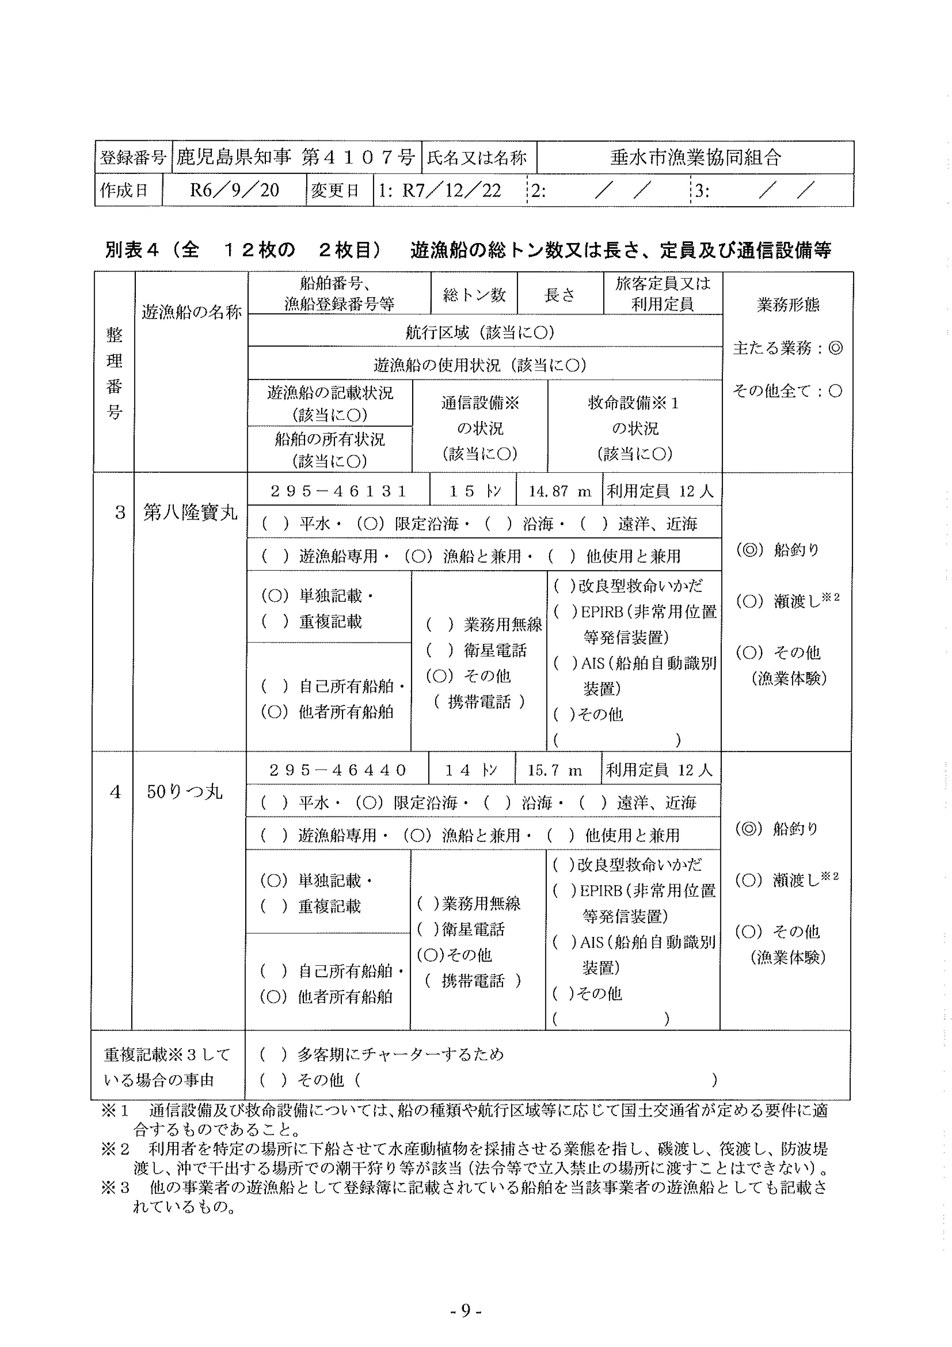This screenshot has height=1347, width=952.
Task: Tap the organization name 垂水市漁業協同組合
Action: pos(695,157)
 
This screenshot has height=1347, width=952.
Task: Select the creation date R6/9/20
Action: pos(234,190)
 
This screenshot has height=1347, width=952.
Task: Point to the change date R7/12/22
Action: pos(451,190)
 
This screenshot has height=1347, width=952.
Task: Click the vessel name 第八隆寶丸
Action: pos(191,513)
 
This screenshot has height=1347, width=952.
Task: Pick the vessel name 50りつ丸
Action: pos(185,792)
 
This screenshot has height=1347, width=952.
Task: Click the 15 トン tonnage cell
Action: pos(474,491)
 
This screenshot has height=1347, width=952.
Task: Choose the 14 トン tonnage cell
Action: pos(472,770)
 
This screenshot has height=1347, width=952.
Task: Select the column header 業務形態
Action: pos(788,304)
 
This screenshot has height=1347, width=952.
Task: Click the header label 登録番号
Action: pos(133,157)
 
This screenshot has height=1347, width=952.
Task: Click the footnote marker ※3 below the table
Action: pos(115,1187)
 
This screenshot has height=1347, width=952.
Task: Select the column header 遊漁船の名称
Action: pos(191,311)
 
